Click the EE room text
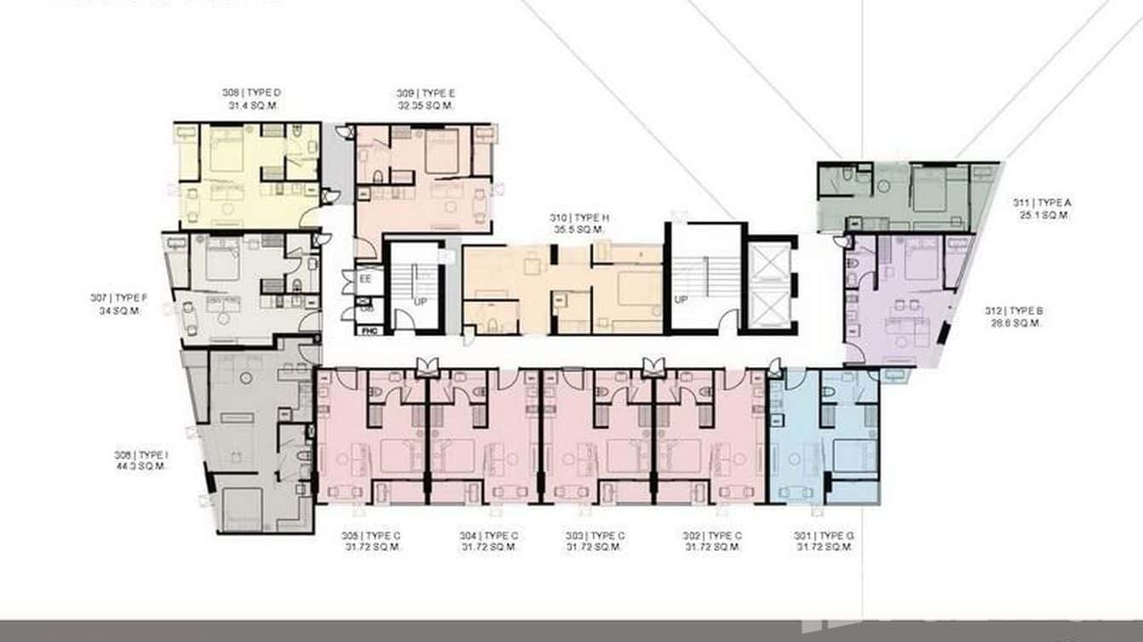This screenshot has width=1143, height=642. point(365,278)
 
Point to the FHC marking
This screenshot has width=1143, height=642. point(369,330)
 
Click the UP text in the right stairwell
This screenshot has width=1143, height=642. point(681,300)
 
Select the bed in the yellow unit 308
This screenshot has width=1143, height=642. point(227,153)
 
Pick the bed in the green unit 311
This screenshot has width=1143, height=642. point(930,192)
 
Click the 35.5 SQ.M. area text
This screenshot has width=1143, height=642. point(578,230)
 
